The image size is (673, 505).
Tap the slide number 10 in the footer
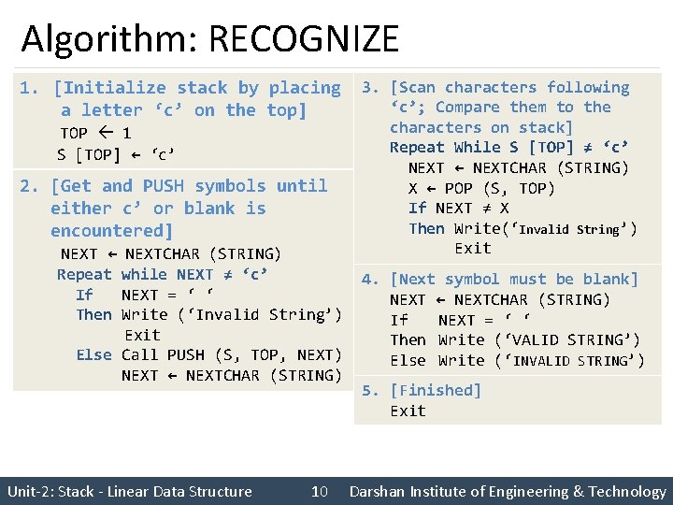[319, 491]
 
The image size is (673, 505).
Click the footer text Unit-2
[30, 491]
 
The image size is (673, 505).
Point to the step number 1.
[28, 88]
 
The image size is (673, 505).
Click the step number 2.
[28, 186]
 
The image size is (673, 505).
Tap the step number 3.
[370, 88]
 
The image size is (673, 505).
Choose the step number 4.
[370, 279]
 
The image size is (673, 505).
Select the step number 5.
[370, 390]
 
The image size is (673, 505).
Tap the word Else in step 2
[93, 354]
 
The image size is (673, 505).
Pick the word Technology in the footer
[625, 491]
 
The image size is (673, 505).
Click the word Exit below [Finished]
[408, 411]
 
